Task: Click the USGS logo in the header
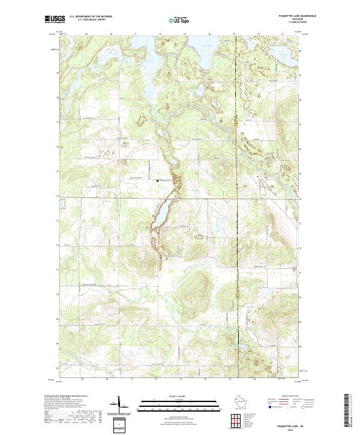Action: point(55,20)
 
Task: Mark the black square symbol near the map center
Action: point(158,181)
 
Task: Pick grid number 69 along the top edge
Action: point(87,34)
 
